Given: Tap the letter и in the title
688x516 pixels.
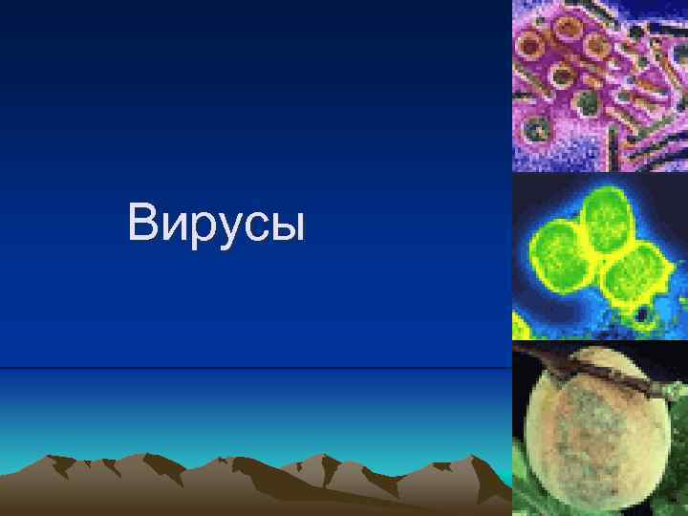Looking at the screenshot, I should tap(171, 227).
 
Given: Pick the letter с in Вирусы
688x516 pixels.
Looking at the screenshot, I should tap(249, 227).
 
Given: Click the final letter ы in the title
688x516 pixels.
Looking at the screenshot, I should tap(284, 227).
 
